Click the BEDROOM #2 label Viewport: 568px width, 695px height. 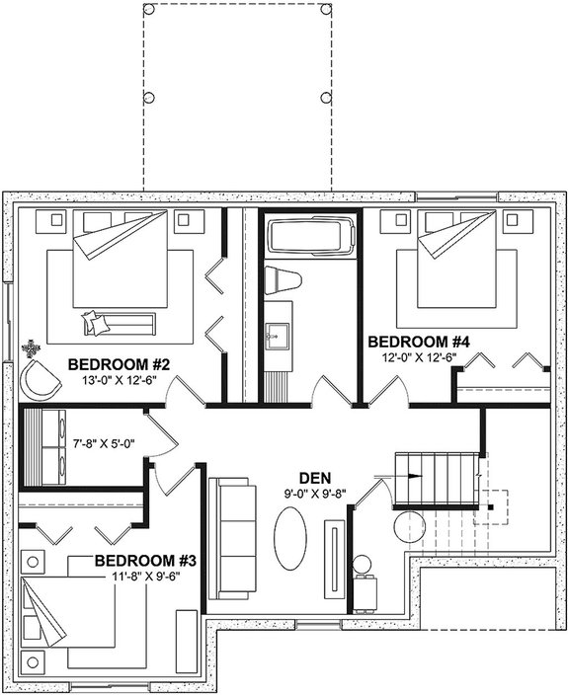tap(121, 365)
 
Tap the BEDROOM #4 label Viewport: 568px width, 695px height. tap(419, 343)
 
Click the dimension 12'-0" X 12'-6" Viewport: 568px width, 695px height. tap(419, 357)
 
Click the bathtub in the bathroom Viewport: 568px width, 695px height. tap(309, 237)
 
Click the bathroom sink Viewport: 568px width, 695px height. tap(278, 336)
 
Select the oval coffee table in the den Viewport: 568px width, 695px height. tap(289, 538)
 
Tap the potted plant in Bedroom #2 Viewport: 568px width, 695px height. tap(34, 348)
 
